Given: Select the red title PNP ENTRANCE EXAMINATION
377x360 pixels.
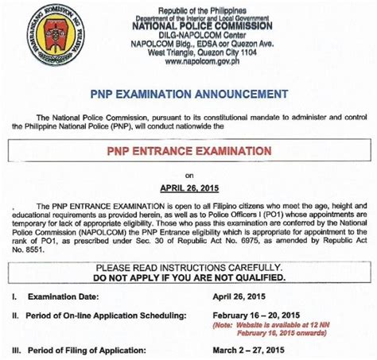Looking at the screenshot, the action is [x=188, y=149].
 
